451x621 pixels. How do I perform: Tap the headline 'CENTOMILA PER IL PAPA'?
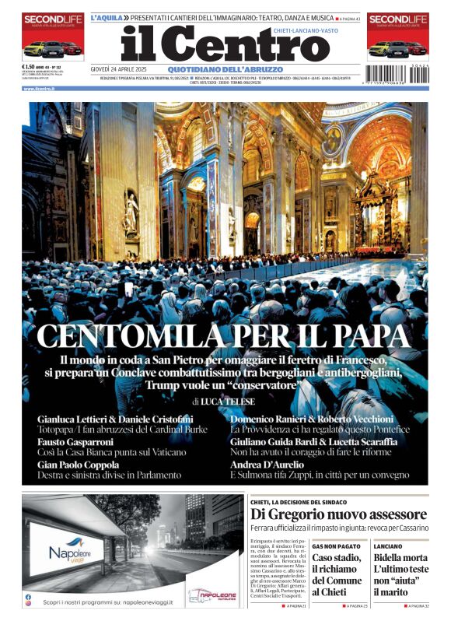tap(225, 335)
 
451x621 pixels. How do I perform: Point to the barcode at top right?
tap(397, 72)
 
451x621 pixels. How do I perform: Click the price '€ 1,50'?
tap(32, 68)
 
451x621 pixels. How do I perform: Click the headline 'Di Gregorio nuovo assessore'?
tap(338, 515)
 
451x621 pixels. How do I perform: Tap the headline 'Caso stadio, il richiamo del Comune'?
tap(337, 574)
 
